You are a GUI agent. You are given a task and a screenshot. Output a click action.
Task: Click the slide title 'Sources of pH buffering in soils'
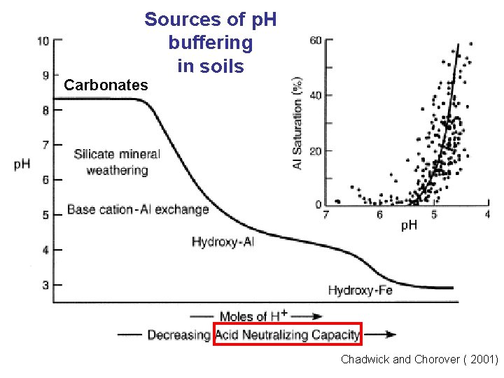tap(211, 43)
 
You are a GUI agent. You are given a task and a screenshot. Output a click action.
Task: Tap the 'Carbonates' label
tap(106, 85)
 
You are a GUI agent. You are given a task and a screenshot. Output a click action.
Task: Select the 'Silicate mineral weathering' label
tap(117, 162)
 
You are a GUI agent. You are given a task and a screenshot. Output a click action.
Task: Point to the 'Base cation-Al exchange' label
tap(138, 209)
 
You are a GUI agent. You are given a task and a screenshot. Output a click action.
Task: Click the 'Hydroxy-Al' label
tap(223, 241)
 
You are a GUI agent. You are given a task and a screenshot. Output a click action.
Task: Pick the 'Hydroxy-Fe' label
tap(360, 290)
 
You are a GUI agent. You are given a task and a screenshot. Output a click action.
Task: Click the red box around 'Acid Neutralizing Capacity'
tap(288, 335)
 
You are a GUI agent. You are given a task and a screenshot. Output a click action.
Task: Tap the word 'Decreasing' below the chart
tap(178, 335)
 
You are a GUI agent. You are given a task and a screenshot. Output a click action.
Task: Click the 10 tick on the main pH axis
tap(43, 41)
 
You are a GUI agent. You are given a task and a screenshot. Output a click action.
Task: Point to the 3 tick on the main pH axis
tap(45, 285)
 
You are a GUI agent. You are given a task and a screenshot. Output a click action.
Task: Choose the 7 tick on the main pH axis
tap(45, 145)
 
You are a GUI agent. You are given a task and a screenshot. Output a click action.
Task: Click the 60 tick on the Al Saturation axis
tap(316, 41)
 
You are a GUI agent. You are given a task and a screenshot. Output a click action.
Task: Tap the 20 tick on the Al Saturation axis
tap(316, 150)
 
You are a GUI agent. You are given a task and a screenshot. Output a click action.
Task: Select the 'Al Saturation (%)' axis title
tap(297, 123)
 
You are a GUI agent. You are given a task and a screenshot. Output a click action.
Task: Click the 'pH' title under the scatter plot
tap(409, 225)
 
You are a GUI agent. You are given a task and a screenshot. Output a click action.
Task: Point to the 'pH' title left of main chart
tap(22, 164)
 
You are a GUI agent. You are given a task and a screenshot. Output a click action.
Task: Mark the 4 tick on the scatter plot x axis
tap(488, 214)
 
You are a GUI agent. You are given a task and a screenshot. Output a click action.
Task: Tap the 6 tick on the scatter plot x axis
tap(380, 214)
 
